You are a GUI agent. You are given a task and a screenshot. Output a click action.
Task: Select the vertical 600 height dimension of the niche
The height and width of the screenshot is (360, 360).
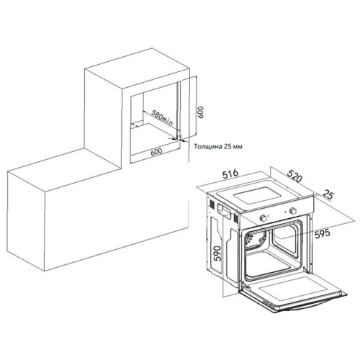200,112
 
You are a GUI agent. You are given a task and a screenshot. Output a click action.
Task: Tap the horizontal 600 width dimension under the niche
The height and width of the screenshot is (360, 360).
157,151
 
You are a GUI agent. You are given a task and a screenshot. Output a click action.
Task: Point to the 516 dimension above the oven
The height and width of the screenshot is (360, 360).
230,174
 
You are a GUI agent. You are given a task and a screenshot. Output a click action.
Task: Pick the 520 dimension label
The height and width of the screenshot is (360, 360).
294,176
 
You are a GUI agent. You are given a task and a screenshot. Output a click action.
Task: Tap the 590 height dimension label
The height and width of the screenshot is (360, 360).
217,254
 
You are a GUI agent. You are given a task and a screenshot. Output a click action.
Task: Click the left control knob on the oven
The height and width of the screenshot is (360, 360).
264,218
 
